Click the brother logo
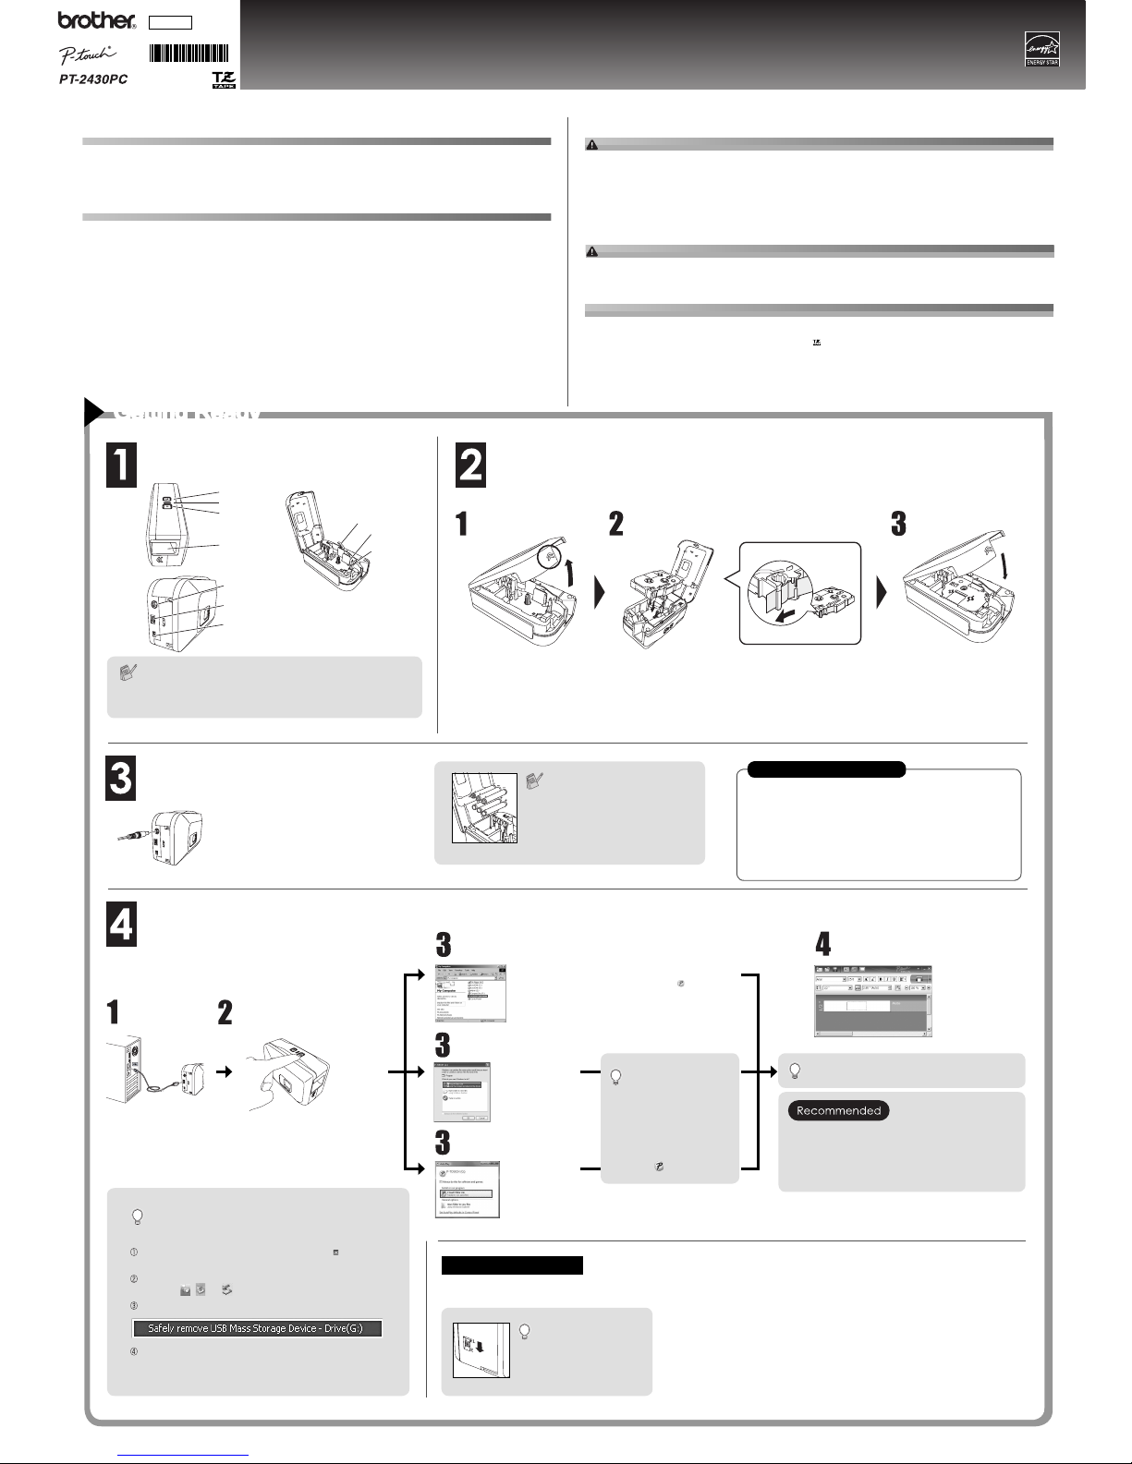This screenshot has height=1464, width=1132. pos(95,20)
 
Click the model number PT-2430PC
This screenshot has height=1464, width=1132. pos(88,79)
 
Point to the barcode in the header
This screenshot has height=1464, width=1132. pos(189,53)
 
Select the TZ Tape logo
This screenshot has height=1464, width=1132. pos(223,79)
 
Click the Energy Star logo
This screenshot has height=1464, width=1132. pos(1041,49)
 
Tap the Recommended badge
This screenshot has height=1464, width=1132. pos(838,1110)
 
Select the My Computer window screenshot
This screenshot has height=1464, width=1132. pos(471,993)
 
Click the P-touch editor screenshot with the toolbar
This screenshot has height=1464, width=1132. pos(871,1001)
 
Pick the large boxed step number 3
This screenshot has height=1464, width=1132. pos(121,779)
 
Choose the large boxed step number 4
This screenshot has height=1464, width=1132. pos(121,924)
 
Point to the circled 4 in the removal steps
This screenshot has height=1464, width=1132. pos(133,1352)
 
